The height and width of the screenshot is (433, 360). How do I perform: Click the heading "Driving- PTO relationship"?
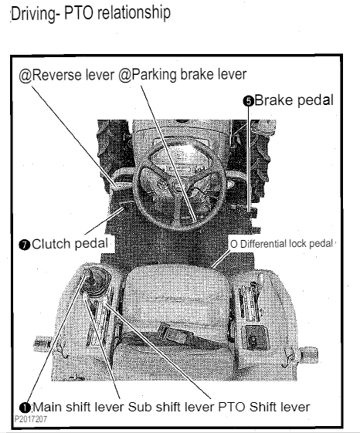pos(90,13)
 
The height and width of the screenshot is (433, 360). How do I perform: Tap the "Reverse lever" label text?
pos(73,75)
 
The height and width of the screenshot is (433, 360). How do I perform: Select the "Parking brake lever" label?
pos(188,75)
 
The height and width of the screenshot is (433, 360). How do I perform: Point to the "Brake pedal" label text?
pos(294,100)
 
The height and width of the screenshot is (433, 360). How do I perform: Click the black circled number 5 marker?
pos(249,101)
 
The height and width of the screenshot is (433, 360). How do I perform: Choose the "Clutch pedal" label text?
pos(70,244)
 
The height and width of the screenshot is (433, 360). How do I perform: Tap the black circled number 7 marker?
pos(25,245)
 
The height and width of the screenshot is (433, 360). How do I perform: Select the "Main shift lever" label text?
pos(79,407)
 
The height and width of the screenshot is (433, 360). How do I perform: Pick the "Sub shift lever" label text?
pos(171,407)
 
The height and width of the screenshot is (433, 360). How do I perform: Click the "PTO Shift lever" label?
pos(264,407)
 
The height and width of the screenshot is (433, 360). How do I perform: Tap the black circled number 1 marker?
pos(25,408)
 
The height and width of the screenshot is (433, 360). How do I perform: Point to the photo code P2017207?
pos(31,419)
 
